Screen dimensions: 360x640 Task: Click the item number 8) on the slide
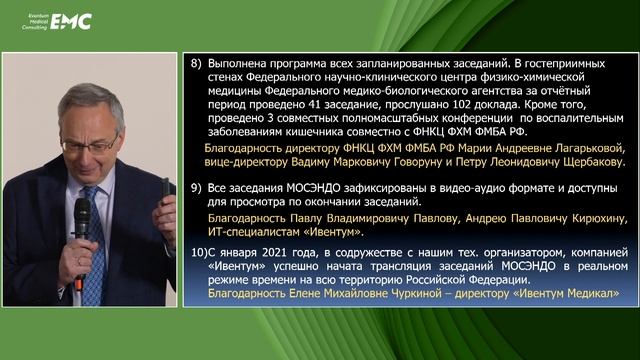(x=196, y=62)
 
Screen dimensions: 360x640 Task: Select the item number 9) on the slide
(x=196, y=187)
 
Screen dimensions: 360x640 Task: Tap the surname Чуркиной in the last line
(x=410, y=293)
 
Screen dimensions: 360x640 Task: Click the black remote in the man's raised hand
(x=165, y=187)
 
